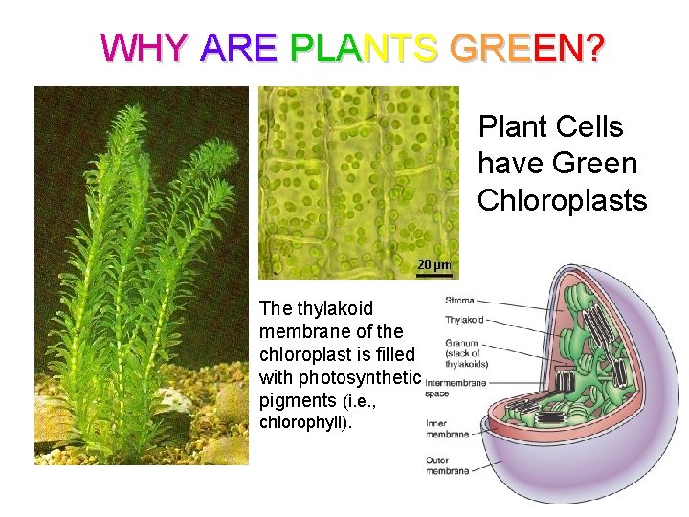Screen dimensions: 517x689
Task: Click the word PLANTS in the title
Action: [x=364, y=47]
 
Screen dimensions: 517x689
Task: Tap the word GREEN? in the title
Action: [x=525, y=47]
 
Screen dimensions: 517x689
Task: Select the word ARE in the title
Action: [x=239, y=47]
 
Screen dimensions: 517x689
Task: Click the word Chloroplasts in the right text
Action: [x=562, y=199]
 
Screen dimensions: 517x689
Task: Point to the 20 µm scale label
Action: [x=433, y=264]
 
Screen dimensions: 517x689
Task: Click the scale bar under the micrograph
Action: [x=433, y=275]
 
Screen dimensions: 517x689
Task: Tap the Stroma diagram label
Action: [x=459, y=301]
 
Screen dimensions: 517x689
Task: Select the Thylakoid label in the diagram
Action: [x=463, y=322]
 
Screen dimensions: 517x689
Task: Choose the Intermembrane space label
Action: [x=455, y=387]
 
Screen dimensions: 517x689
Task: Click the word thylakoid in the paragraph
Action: [x=333, y=308]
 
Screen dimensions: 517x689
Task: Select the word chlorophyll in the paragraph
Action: [x=304, y=421]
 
